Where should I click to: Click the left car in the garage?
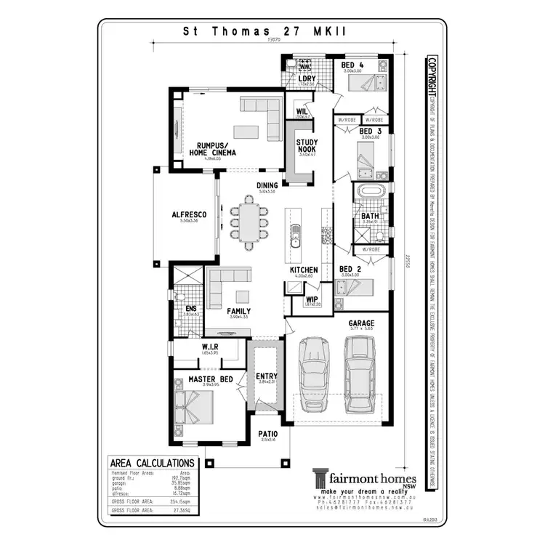313,374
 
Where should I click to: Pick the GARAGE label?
360,322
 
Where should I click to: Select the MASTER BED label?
210,379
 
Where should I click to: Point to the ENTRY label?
267,376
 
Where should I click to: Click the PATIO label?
267,434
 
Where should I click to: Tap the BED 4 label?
352,65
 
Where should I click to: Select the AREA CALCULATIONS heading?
151,463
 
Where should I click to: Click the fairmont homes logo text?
373,479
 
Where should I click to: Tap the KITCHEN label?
304,270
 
